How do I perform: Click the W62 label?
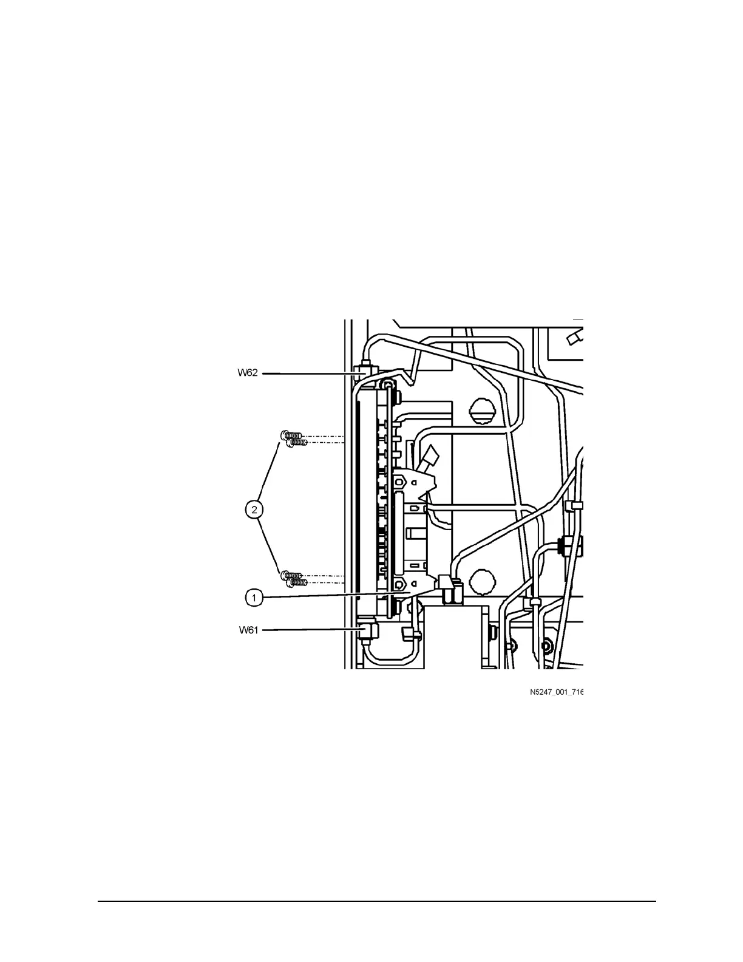coord(248,373)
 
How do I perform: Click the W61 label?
coord(248,630)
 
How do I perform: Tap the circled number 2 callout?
coord(255,509)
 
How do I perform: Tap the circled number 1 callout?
coord(255,598)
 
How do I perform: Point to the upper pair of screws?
coord(292,438)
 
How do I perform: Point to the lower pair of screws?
coord(292,578)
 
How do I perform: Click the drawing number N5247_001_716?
coord(555,692)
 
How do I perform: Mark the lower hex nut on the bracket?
coord(400,585)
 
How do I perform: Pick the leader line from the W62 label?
coord(310,374)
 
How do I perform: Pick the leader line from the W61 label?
coord(310,630)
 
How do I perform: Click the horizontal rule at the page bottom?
coord(376,901)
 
